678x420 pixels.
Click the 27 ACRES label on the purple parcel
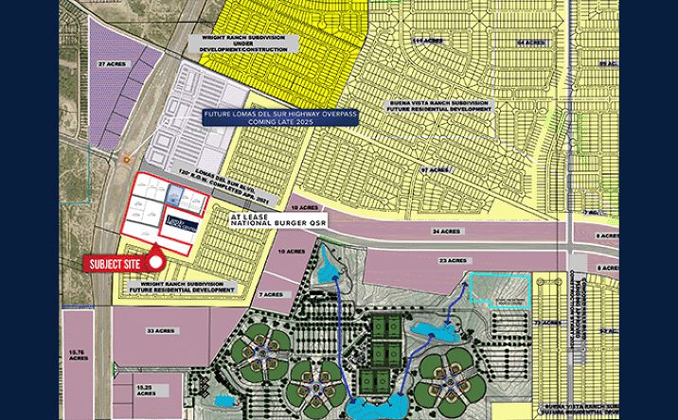click(113, 63)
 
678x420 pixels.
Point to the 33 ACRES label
click(160, 330)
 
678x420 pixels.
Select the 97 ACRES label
click(433, 170)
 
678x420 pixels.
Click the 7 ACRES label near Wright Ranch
click(272, 294)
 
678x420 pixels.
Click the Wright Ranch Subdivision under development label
click(250, 43)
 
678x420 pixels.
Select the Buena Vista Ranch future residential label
click(440, 105)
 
